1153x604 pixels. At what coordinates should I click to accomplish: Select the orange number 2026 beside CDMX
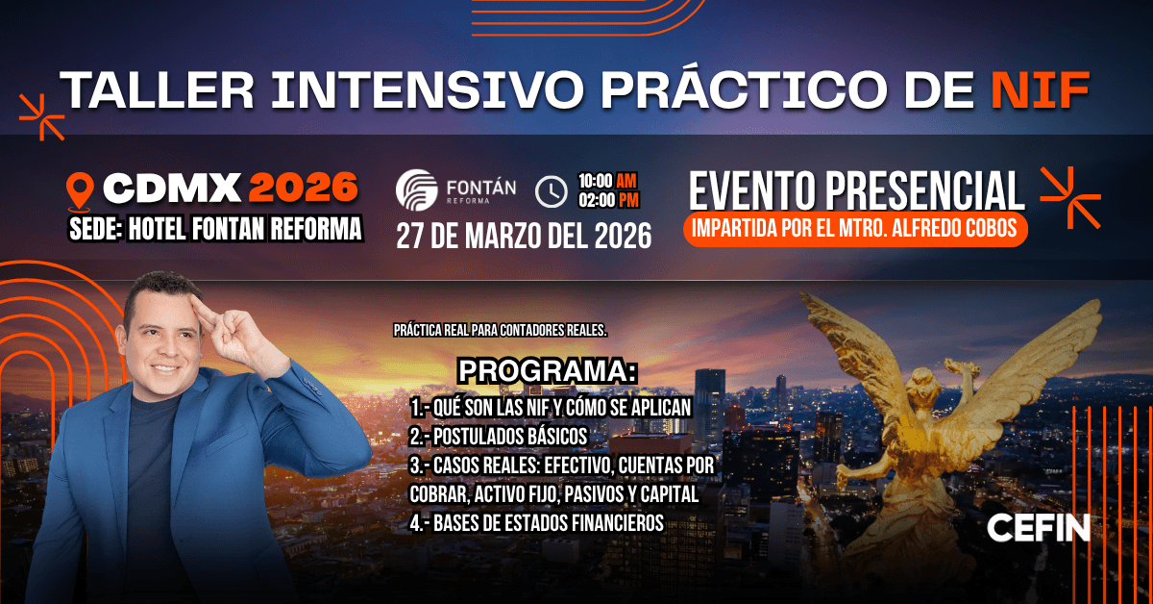(x=304, y=189)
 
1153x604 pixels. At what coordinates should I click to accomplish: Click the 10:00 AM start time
(x=607, y=181)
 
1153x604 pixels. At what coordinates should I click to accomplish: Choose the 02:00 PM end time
(x=607, y=201)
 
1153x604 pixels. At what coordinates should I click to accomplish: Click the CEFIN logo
(x=1038, y=528)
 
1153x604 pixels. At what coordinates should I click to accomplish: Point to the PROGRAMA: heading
(x=548, y=370)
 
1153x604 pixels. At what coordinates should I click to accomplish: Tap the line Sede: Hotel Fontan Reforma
(x=216, y=229)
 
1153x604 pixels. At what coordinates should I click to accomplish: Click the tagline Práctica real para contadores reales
(x=501, y=330)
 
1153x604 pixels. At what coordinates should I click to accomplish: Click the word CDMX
(x=171, y=189)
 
